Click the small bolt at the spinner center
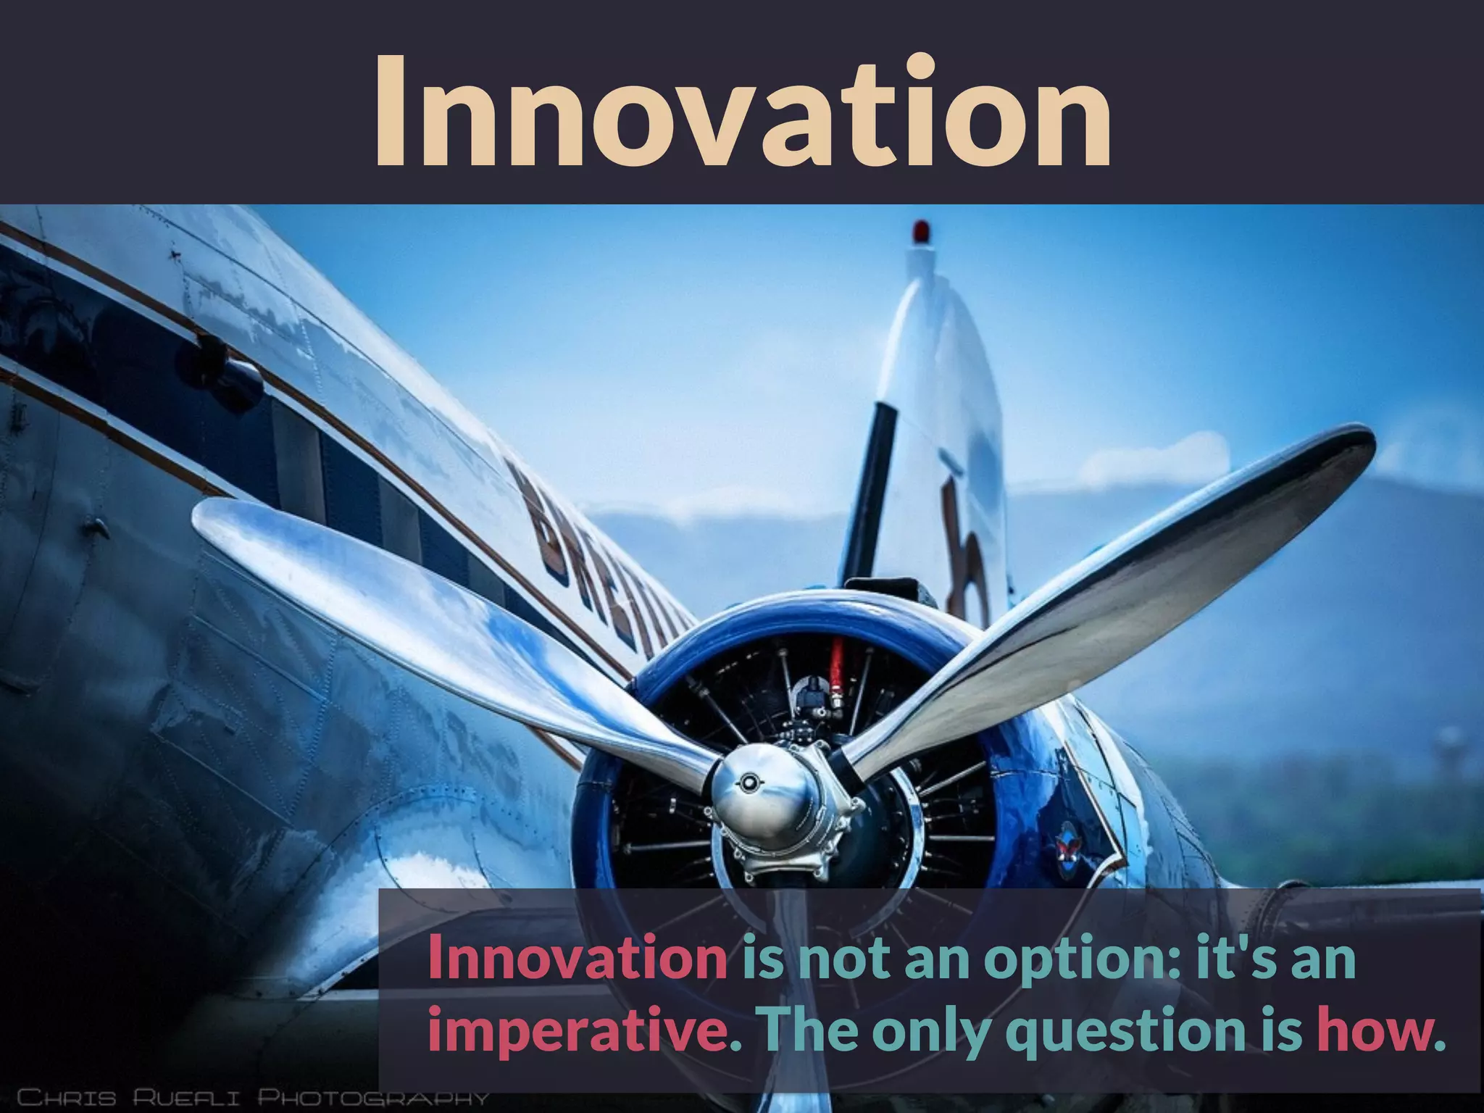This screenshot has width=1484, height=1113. (x=746, y=781)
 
